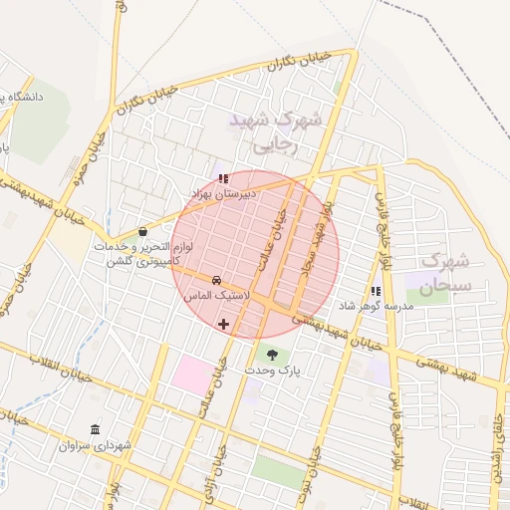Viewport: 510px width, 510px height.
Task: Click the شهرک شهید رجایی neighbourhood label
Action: coord(276,131)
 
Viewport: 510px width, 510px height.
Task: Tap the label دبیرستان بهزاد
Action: coord(223,193)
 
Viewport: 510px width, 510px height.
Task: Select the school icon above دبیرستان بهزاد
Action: coord(223,179)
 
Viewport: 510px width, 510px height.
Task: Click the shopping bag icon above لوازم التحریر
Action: coord(143,232)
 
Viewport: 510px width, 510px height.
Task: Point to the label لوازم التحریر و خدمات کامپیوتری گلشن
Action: coord(144,253)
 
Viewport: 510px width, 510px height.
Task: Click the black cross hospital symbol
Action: coord(223,324)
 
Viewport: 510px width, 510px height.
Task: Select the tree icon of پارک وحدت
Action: coord(272,354)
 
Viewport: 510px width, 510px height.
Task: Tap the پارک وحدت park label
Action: coord(272,371)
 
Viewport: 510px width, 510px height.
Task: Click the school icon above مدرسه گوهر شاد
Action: coord(376,292)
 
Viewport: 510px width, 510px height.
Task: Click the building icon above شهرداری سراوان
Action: coord(96,429)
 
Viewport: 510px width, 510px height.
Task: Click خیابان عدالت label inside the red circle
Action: coord(277,239)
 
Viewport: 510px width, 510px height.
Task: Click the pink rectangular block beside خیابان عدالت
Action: coord(191,374)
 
